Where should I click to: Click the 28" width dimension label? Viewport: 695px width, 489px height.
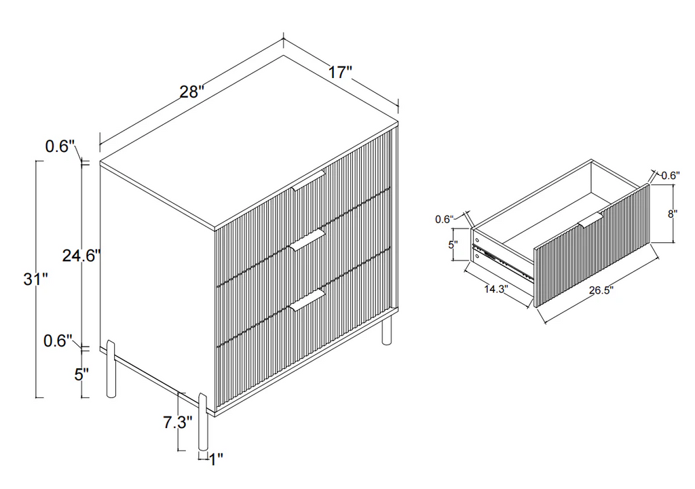click(x=191, y=92)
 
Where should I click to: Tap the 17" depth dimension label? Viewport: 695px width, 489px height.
click(x=340, y=72)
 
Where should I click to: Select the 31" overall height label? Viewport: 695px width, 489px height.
click(x=35, y=279)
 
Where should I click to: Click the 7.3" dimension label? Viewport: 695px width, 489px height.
click(x=178, y=422)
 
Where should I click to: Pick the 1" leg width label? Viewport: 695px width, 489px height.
click(x=216, y=460)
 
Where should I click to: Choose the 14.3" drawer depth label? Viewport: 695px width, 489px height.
click(x=496, y=289)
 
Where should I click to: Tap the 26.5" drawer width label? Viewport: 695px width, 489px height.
click(x=601, y=290)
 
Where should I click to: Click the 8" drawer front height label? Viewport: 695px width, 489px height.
click(x=673, y=214)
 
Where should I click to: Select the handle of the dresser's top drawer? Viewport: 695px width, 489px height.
click(x=309, y=180)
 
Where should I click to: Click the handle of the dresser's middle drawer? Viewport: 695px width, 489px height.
click(x=309, y=241)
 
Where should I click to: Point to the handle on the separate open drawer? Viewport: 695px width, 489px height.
click(x=591, y=220)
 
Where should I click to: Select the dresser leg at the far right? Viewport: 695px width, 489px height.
click(x=387, y=328)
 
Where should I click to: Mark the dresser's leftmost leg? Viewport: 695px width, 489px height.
click(x=112, y=368)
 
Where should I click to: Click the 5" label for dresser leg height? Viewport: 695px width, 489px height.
click(x=82, y=375)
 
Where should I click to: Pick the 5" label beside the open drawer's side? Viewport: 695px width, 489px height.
click(x=453, y=244)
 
